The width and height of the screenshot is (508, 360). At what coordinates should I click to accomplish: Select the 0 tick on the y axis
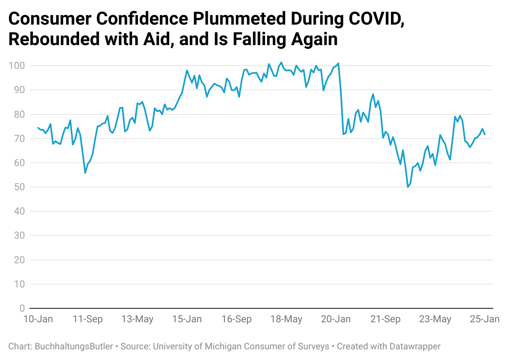[22, 308]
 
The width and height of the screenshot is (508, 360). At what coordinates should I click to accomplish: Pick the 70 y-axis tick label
[19, 139]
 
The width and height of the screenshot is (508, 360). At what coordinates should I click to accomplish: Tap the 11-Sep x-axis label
[88, 319]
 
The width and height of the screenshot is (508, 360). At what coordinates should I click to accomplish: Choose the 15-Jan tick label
[186, 319]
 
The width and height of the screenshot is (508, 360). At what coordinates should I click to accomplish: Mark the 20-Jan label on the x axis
[335, 319]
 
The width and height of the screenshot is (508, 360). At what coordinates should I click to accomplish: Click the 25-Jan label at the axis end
[484, 319]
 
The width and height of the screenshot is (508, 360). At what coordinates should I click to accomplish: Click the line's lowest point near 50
[408, 187]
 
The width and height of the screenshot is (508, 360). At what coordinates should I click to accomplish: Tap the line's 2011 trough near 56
[85, 173]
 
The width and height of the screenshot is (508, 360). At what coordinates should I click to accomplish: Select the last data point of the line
[485, 134]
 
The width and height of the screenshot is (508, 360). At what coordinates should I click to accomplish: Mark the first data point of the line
[38, 128]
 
